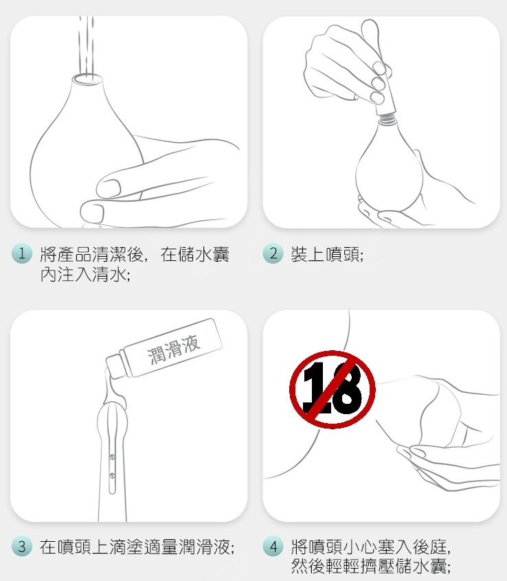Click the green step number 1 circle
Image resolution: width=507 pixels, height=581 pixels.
coord(22,254)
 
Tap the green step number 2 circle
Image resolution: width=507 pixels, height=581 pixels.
coord(273,254)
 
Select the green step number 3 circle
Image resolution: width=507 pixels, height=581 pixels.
coord(22,546)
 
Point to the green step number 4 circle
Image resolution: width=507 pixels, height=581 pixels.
coord(273,546)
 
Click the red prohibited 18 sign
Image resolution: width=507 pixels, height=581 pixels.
coord(333,389)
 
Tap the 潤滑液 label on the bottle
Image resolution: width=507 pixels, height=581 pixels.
coord(174,349)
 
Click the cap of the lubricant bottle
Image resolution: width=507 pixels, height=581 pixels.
coord(115,366)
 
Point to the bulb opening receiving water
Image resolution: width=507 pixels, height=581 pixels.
coord(87,79)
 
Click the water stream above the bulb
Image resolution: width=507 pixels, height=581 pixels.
coord(86,45)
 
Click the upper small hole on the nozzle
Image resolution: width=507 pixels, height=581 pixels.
coord(112,457)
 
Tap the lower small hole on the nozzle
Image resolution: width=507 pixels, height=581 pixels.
coord(112,475)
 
